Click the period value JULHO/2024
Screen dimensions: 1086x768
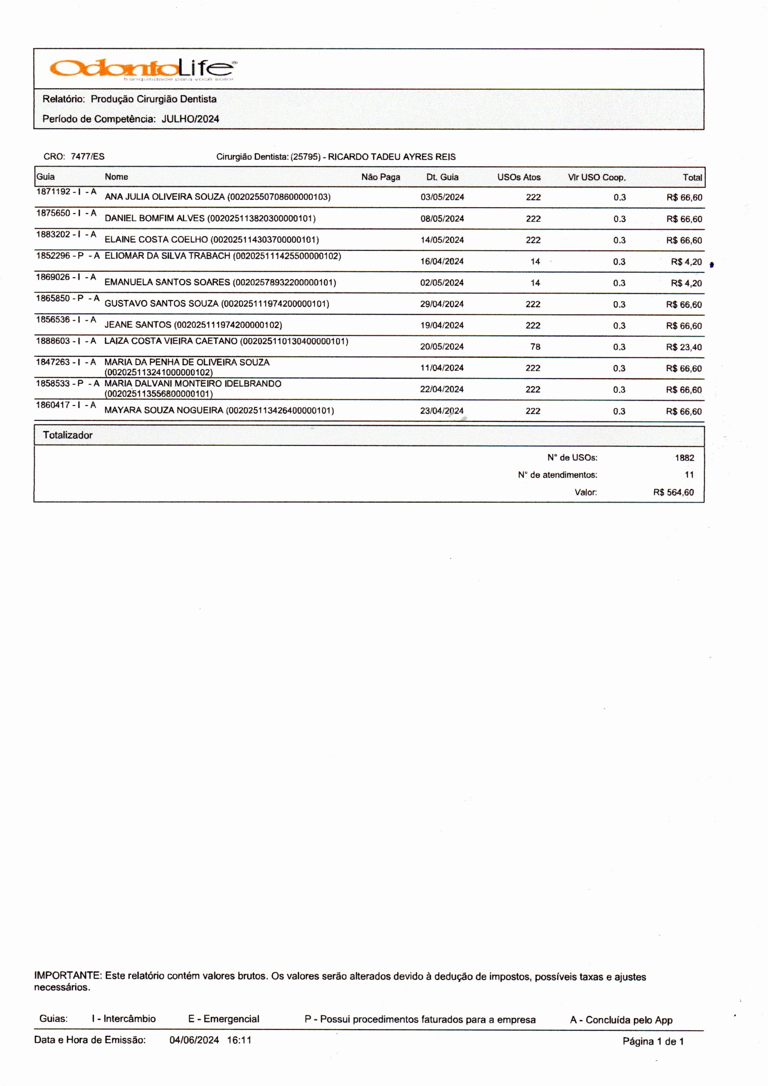tap(190, 119)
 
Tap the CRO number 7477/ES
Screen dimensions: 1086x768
tap(87, 157)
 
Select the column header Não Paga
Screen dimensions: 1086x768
tap(380, 177)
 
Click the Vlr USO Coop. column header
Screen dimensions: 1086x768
tap(596, 177)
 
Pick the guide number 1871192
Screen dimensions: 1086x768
tap(53, 191)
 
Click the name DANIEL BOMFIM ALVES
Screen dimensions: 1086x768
tap(155, 218)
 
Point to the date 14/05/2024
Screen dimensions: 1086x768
tap(442, 240)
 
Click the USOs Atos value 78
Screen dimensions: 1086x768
tap(535, 347)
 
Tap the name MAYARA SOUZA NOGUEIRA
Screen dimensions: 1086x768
tap(163, 410)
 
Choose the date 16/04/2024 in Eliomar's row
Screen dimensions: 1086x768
tap(442, 261)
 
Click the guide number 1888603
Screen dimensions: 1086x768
tap(53, 341)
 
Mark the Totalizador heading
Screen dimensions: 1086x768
tap(68, 435)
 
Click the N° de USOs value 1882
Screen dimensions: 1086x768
tap(684, 458)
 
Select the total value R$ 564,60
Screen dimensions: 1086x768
tap(673, 492)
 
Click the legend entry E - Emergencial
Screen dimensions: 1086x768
tap(224, 1019)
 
